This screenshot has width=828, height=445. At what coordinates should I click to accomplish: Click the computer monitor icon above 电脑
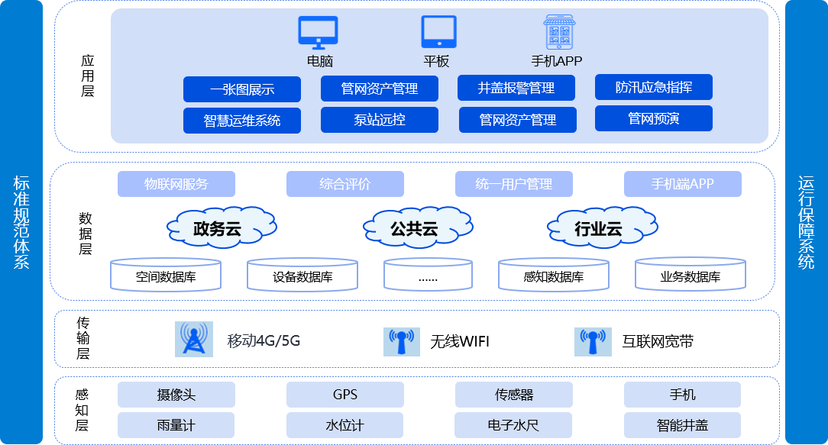click(x=318, y=32)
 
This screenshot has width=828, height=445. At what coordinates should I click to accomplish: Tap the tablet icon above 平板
click(x=438, y=32)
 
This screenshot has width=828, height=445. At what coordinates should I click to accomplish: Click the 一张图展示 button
click(x=241, y=89)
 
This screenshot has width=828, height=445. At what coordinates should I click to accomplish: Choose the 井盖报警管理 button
click(x=516, y=88)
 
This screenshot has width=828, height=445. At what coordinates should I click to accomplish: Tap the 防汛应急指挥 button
click(x=653, y=87)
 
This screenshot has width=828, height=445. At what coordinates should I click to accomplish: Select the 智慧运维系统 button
click(x=241, y=121)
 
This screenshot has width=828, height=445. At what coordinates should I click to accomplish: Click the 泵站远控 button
click(x=379, y=120)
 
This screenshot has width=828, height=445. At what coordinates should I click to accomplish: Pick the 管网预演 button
click(x=653, y=118)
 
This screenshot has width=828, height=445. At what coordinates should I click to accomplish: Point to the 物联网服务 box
click(x=176, y=184)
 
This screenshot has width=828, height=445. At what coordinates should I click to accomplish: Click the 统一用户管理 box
click(x=513, y=184)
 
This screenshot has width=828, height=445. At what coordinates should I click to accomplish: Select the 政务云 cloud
click(x=220, y=227)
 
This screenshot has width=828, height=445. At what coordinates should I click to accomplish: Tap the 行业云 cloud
click(x=597, y=227)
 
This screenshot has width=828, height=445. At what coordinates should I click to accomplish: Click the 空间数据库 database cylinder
click(x=166, y=276)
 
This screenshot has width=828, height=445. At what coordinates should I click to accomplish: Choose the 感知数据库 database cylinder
click(x=554, y=276)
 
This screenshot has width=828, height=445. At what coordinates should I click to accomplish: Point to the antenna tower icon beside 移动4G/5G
click(x=194, y=339)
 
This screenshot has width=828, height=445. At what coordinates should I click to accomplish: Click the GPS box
click(x=344, y=395)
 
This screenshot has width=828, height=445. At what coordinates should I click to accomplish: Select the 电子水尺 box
click(x=513, y=424)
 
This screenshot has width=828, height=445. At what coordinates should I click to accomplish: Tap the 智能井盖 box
click(x=682, y=424)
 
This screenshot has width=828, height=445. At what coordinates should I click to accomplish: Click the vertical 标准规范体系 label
click(x=21, y=222)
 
